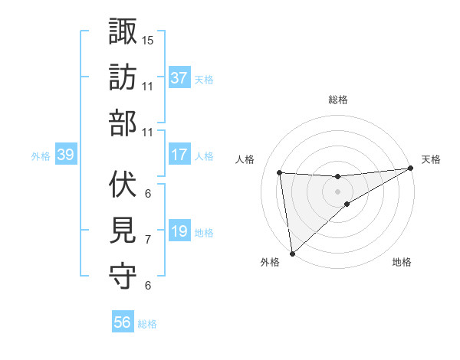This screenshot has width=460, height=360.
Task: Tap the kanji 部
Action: click(123, 123)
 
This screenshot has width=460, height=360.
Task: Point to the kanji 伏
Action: click(123, 184)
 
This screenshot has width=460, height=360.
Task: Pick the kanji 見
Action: click(123, 230)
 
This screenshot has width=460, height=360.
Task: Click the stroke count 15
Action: click(148, 39)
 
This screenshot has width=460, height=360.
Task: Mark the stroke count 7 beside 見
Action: click(148, 240)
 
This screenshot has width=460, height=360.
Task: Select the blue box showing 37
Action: click(179, 78)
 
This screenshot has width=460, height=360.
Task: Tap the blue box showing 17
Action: click(179, 155)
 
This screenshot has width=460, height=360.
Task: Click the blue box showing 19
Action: click(179, 231)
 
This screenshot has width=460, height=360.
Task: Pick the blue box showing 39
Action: click(65, 155)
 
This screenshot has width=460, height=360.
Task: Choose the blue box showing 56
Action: click(123, 322)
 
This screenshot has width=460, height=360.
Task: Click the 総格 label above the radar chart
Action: click(338, 100)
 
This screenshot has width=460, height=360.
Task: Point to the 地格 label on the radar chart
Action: click(402, 263)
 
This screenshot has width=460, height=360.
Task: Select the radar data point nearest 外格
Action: click(292, 253)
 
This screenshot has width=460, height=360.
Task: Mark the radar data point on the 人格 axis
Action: click(280, 173)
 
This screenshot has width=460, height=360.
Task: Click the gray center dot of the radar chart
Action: click(338, 190)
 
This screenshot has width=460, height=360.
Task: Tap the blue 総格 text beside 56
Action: click(147, 324)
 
